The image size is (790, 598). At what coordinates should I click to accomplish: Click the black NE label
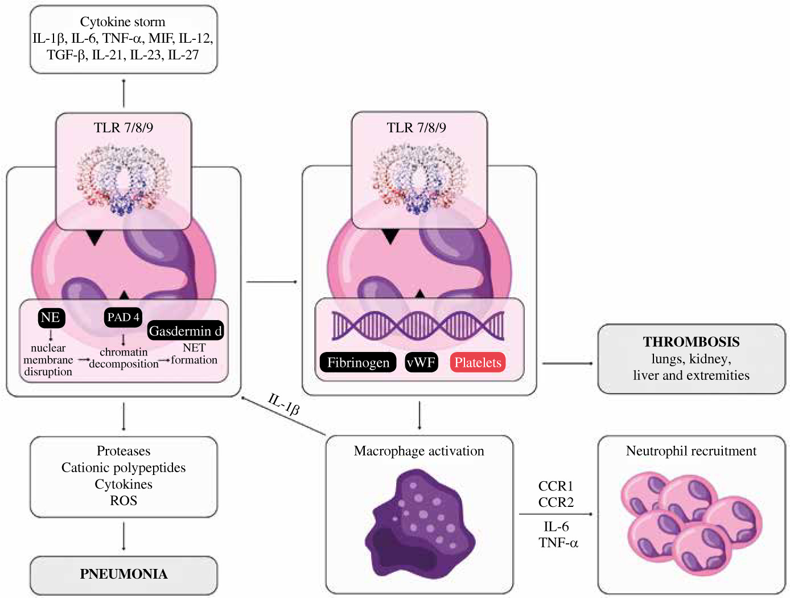51,318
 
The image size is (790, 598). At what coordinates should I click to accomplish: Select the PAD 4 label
123,318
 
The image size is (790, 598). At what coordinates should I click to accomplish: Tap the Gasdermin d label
185,331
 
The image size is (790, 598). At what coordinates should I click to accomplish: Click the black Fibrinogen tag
358,363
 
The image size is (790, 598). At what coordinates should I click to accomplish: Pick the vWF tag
421,363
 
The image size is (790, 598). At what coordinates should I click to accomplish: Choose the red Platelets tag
478,363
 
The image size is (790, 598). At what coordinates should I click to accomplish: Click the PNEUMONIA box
124,574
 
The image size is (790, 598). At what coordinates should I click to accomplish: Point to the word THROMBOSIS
691,342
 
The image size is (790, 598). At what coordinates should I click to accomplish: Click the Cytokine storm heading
122,22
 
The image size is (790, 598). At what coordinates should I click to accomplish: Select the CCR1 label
556,486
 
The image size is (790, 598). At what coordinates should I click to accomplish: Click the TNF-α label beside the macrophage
558,543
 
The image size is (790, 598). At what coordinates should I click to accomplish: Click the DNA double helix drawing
418,326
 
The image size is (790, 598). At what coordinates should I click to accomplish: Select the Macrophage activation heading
419,451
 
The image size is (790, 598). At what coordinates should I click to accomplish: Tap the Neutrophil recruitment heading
691,451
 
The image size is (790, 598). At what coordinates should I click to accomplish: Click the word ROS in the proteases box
124,501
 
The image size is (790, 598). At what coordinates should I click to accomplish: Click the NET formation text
194,354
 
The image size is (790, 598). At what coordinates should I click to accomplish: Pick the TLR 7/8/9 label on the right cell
416,128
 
